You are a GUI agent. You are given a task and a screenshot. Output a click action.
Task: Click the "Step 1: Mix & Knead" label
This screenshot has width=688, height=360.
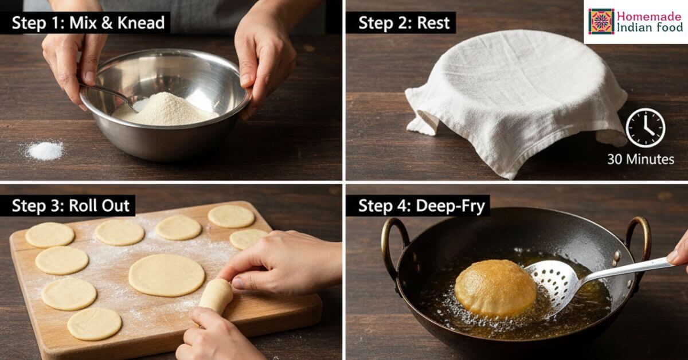(88, 23)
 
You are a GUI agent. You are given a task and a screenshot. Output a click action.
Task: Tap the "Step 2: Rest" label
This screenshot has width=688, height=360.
(404, 23)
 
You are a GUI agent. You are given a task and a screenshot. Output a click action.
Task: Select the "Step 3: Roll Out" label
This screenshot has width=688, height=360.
(71, 205)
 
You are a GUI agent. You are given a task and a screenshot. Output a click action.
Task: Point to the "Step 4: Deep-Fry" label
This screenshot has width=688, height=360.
(421, 206)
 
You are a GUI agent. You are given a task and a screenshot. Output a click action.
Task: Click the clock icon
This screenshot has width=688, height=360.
(646, 127)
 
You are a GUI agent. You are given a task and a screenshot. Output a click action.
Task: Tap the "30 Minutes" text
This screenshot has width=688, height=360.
(641, 159)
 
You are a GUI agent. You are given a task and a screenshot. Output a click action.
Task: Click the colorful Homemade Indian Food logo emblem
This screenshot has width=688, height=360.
(601, 22)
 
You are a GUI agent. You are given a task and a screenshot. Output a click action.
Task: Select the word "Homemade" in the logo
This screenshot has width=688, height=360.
(649, 16)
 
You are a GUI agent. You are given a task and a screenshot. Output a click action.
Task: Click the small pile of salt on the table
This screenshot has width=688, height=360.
(45, 151)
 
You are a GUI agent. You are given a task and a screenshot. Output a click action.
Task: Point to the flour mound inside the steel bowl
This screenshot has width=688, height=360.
(166, 109)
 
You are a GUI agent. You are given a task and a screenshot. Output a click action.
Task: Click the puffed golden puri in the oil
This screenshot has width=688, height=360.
(495, 288)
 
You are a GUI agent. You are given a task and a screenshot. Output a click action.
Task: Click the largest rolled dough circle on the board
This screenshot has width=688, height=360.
(166, 275)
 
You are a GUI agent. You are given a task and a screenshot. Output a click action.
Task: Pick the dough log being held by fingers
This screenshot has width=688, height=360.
(216, 296)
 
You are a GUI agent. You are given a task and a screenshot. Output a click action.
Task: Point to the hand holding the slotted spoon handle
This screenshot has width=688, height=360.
(679, 252)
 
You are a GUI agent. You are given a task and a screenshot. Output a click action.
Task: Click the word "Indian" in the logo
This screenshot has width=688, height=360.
(631, 28)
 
